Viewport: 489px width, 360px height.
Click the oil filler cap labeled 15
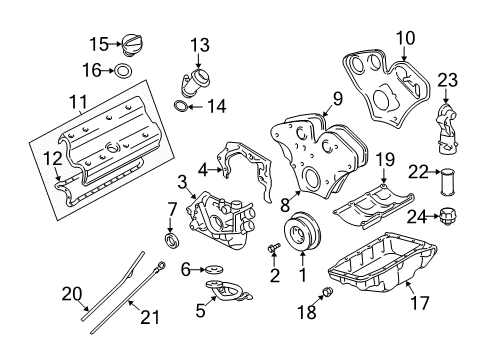[x=133, y=45]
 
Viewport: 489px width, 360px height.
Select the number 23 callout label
[x=446, y=79]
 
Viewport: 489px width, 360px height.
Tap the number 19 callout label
[x=384, y=158]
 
